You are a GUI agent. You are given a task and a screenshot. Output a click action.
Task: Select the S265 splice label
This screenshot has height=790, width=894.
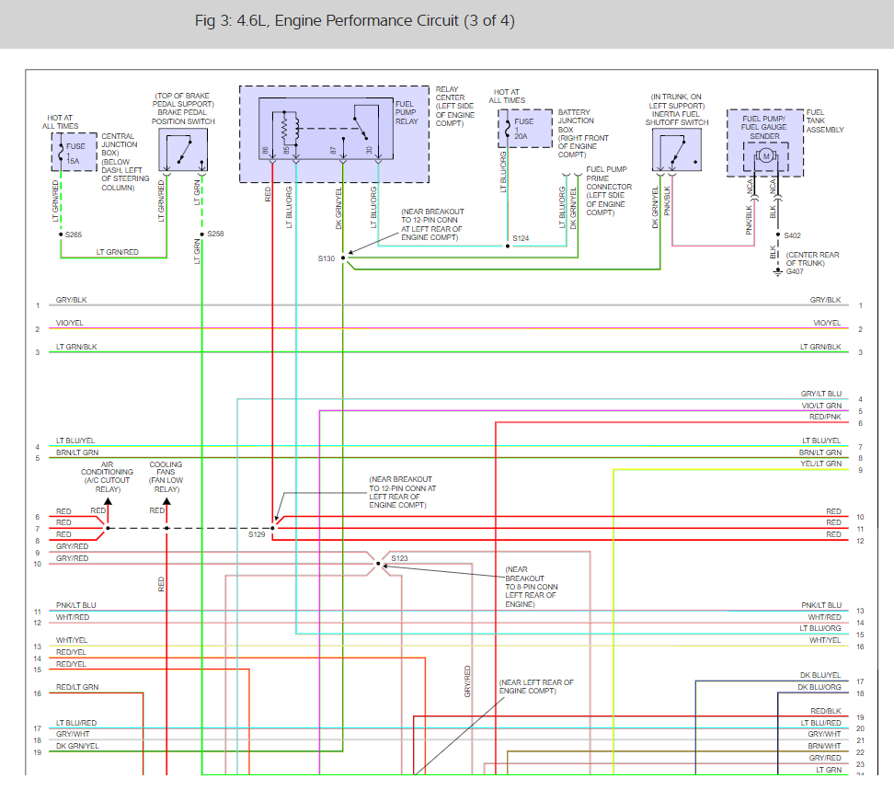pyautogui.click(x=74, y=235)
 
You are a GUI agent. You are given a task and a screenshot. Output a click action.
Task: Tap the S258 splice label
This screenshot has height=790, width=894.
pyautogui.click(x=215, y=235)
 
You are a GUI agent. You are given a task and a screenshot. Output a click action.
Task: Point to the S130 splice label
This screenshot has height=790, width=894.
pyautogui.click(x=327, y=258)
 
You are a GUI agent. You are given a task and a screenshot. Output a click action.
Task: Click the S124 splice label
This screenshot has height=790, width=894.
pyautogui.click(x=521, y=239)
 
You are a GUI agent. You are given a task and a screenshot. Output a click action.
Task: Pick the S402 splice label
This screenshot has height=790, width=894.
pyautogui.click(x=793, y=235)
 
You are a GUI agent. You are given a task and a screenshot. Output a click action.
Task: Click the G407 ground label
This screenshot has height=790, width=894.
pyautogui.click(x=793, y=271)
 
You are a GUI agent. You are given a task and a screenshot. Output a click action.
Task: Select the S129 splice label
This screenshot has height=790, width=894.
pyautogui.click(x=257, y=533)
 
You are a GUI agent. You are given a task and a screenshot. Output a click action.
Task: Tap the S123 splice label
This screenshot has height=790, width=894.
pyautogui.click(x=399, y=558)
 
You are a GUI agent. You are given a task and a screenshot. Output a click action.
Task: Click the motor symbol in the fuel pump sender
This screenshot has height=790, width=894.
pyautogui.click(x=765, y=156)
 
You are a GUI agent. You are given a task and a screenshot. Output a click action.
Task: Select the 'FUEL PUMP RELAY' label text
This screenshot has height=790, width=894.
pyautogui.click(x=406, y=112)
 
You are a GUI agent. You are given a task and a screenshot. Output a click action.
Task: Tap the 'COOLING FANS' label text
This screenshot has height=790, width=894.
pyautogui.click(x=166, y=468)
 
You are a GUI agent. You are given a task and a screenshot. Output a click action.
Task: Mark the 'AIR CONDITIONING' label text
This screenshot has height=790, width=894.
pyautogui.click(x=108, y=468)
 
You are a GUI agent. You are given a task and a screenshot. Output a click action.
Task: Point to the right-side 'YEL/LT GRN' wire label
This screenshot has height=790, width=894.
pyautogui.click(x=821, y=464)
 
